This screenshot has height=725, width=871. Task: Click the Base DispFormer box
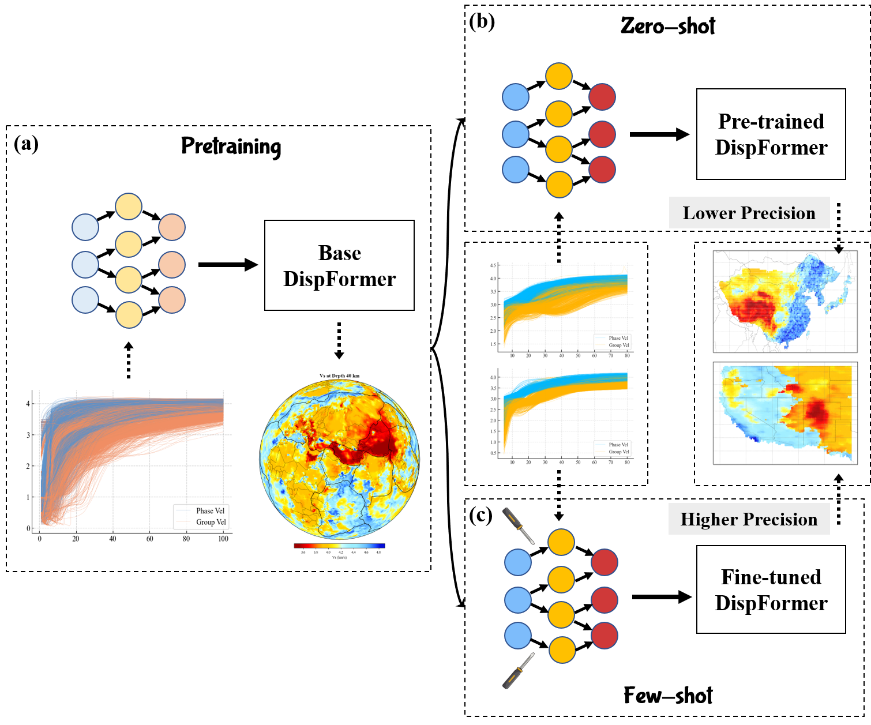(339, 265)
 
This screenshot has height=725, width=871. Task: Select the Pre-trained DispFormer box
(771, 134)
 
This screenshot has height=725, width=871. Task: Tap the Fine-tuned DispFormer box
(771, 589)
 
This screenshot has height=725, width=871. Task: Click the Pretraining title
(231, 146)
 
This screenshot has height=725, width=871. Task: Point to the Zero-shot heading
(668, 27)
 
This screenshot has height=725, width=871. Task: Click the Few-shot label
(668, 696)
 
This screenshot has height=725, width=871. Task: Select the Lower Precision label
(749, 213)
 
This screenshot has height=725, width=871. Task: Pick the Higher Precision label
(749, 520)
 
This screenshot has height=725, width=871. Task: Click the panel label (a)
(26, 144)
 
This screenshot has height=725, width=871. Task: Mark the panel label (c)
(481, 515)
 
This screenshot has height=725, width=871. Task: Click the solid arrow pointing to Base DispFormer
(227, 265)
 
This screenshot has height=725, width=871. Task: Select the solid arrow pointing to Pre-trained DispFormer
(659, 134)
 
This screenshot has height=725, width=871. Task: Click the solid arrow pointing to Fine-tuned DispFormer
(661, 597)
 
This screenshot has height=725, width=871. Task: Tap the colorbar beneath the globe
(339, 545)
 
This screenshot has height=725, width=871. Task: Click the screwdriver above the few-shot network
(519, 526)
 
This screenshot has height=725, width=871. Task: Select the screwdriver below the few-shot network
(518, 671)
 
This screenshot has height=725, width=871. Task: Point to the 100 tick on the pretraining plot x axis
(223, 539)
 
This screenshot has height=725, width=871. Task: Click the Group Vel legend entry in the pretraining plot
(211, 522)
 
